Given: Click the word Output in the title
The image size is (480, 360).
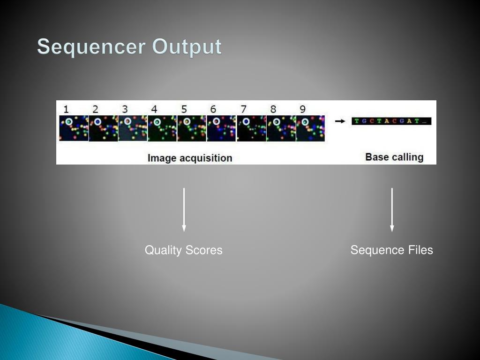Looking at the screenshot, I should pyautogui.click(x=187, y=47).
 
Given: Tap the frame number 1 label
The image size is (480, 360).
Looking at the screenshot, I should pyautogui.click(x=66, y=109).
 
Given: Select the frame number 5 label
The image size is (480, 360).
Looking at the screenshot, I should pyautogui.click(x=184, y=109).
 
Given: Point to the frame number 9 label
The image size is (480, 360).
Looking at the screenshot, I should pyautogui.click(x=302, y=109).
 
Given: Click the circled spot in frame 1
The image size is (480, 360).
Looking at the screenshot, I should pyautogui.click(x=69, y=121).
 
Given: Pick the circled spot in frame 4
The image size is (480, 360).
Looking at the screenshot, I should pyautogui.click(x=157, y=122).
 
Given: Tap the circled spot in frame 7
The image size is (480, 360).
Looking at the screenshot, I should pyautogui.click(x=246, y=122).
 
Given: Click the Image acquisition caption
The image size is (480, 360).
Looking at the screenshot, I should pyautogui.click(x=190, y=158).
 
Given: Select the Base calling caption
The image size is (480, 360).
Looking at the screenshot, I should pyautogui.click(x=394, y=157).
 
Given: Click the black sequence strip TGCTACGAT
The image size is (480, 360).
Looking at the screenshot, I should pyautogui.click(x=391, y=121).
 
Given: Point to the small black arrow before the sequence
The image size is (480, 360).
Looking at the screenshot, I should pyautogui.click(x=340, y=121).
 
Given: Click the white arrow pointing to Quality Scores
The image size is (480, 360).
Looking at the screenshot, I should pyautogui.click(x=184, y=210).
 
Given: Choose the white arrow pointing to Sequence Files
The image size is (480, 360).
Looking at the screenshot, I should pyautogui.click(x=392, y=210).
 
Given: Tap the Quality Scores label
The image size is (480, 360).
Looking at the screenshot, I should pyautogui.click(x=184, y=250).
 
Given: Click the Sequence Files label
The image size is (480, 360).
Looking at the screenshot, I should pyautogui.click(x=392, y=250).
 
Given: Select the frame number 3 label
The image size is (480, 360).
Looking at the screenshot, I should pyautogui.click(x=125, y=109).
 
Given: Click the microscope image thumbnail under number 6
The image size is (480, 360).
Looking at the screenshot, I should pyautogui.click(x=222, y=129).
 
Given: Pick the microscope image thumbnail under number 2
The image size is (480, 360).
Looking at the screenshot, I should pyautogui.click(x=103, y=129).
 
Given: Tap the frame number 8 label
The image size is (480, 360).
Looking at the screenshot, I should pyautogui.click(x=273, y=109).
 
